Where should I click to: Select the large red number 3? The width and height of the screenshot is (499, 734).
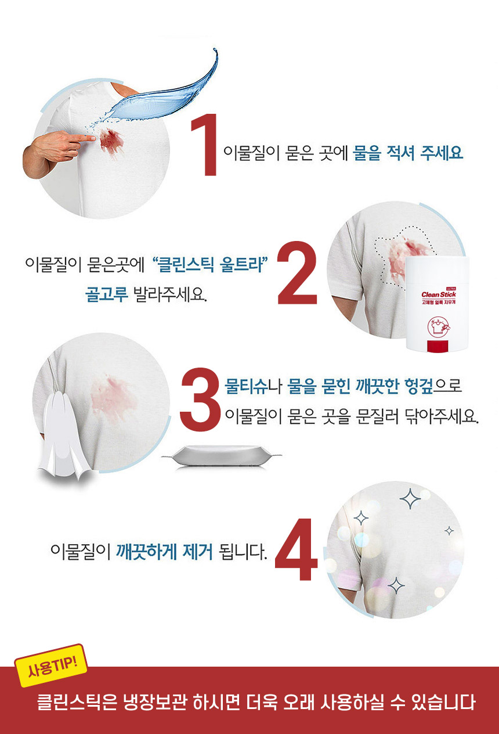pos(200,399)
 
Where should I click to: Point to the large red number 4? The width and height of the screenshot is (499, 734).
pos(296,549)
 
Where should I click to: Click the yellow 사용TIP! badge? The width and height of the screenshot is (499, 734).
pos(50,665)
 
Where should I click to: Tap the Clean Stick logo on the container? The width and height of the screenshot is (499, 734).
pos(439,294)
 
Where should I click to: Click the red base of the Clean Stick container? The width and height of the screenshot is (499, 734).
pos(437,347)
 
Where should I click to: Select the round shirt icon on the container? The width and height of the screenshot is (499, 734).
pos(437,326)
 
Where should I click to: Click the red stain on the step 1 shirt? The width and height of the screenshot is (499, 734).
pos(112,142)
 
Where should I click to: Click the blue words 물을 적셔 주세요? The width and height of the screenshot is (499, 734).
pos(408,153)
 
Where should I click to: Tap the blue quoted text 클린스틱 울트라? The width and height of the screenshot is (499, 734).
pos(210,264)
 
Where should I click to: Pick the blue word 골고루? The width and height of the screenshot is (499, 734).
pos(107,294)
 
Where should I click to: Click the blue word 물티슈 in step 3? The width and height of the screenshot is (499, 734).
pos(246,386)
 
